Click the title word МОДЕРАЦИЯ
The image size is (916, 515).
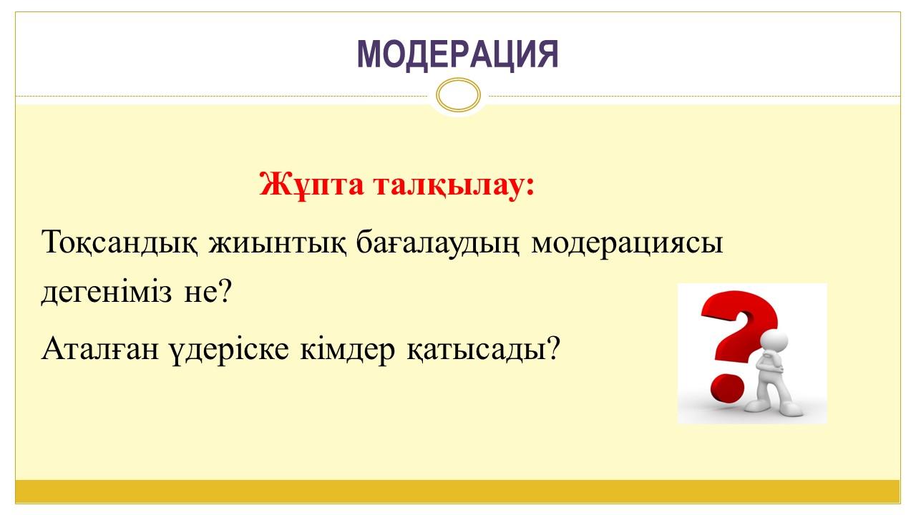pyautogui.click(x=458, y=55)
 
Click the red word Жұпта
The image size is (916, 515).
pyautogui.click(x=311, y=185)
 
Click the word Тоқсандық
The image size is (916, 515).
pyautogui.click(x=120, y=242)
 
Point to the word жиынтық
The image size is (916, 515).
pyautogui.click(x=278, y=242)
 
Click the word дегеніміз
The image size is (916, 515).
pyautogui.click(x=107, y=292)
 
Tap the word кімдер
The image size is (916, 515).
pyautogui.click(x=348, y=350)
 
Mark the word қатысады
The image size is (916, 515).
pyautogui.click(x=477, y=350)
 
